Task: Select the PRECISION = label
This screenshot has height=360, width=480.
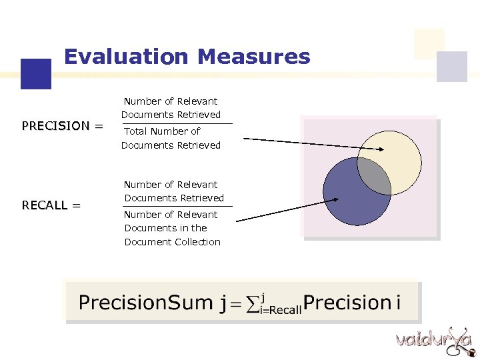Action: coord(62,126)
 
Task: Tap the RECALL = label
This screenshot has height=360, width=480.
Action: coord(51,205)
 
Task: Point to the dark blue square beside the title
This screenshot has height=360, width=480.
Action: coord(35,73)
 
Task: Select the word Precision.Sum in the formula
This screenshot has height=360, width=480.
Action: coord(145,303)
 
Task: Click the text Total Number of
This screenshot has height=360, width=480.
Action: coord(162,131)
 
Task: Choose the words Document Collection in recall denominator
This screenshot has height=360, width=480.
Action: coord(172,242)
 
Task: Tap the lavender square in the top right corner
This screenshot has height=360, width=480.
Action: coord(451,67)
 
